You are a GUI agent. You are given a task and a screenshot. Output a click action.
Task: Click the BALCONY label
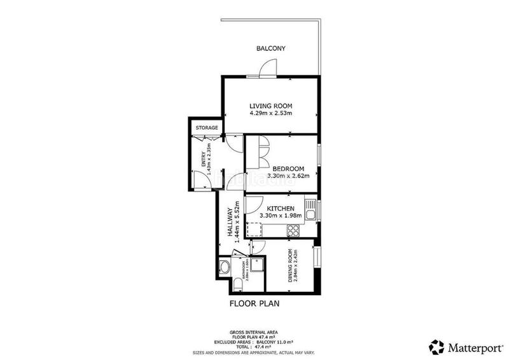(271, 48)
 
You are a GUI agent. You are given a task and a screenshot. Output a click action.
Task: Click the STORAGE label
(206, 128)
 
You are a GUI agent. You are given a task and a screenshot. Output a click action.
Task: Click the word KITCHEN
(280, 209)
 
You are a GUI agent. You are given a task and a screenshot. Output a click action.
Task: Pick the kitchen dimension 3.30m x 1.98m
(280, 216)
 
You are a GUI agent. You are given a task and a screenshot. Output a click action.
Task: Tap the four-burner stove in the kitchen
(295, 232)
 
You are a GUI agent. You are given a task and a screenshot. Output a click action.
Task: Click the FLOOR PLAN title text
(254, 304)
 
